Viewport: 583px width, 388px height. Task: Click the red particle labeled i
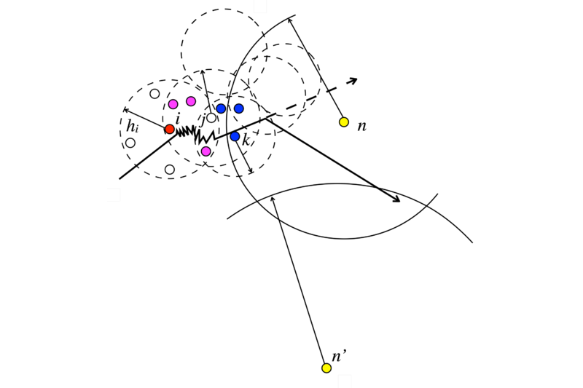tap(170, 129)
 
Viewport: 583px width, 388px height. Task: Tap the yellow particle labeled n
tap(344, 122)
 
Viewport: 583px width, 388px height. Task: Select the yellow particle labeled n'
tap(326, 368)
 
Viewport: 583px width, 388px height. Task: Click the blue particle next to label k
tap(235, 136)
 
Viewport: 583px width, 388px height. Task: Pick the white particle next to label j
tap(211, 118)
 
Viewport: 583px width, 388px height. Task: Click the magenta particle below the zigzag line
tap(206, 151)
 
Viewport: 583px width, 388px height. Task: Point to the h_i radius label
tap(133, 126)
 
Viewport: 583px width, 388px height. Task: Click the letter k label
tap(246, 141)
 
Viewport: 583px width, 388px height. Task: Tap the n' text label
tap(339, 357)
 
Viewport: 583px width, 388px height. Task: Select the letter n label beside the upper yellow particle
tap(361, 127)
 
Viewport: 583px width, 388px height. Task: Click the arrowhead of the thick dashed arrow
tap(353, 80)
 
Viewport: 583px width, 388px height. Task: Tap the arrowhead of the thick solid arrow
tap(396, 199)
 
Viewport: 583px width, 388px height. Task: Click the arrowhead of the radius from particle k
tap(251, 170)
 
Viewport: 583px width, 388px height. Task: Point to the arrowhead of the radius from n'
tap(273, 199)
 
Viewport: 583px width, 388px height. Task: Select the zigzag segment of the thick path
tap(195, 135)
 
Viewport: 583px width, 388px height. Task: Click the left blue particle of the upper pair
tap(221, 108)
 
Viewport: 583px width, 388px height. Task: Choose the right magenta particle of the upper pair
tap(191, 101)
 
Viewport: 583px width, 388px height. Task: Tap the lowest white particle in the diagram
tap(170, 170)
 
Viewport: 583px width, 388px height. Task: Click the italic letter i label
tap(177, 119)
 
